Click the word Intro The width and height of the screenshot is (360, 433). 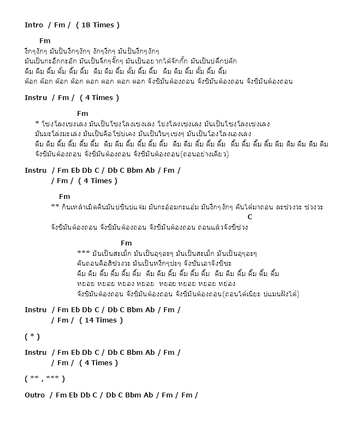point(34,25)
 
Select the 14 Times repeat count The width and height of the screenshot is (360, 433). point(101,320)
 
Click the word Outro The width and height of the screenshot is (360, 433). point(34,395)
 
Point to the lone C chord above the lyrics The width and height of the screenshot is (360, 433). point(250,217)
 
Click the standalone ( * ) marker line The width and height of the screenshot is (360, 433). point(32,336)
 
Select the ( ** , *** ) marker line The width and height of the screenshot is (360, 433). point(45,378)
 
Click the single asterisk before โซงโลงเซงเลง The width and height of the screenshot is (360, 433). point(37,124)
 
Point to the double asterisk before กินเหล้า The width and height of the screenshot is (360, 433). point(55,207)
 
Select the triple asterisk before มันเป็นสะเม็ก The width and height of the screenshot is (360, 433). point(84,253)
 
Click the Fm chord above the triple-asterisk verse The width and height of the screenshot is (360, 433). point(126,243)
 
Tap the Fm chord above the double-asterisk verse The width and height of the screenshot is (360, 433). point(64,196)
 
